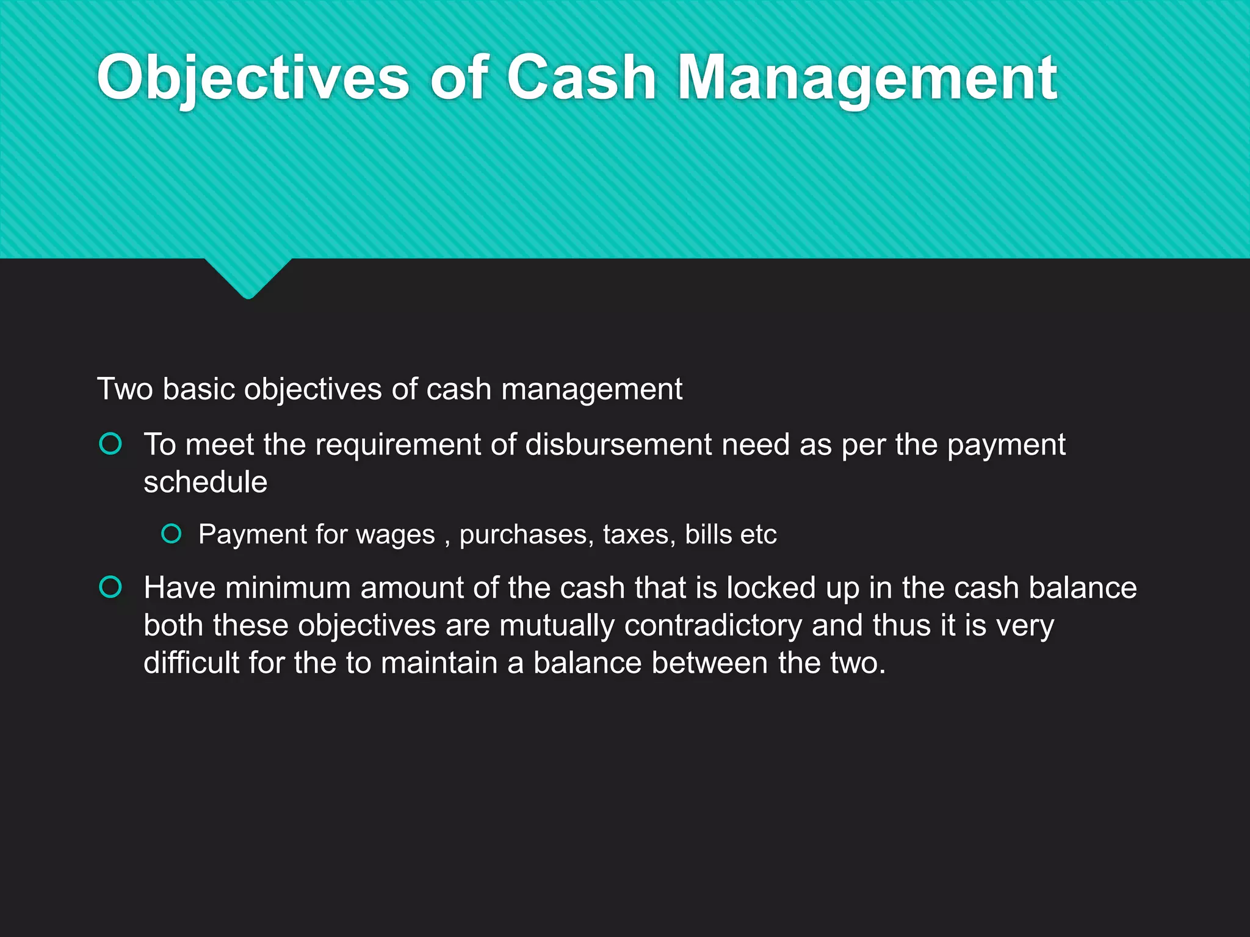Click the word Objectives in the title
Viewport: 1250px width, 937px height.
253,78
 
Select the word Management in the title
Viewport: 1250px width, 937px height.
867,78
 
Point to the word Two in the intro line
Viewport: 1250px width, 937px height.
125,389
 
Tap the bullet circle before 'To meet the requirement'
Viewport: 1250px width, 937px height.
110,444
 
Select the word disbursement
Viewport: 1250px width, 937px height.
618,444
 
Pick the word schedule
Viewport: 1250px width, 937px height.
205,482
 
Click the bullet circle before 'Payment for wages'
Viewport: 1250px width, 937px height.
172,534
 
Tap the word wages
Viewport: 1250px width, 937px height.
395,535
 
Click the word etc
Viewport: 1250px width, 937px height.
758,535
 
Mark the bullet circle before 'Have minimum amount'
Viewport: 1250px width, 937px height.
110,587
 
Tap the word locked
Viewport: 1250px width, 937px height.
771,588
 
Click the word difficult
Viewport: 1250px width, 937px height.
191,662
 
